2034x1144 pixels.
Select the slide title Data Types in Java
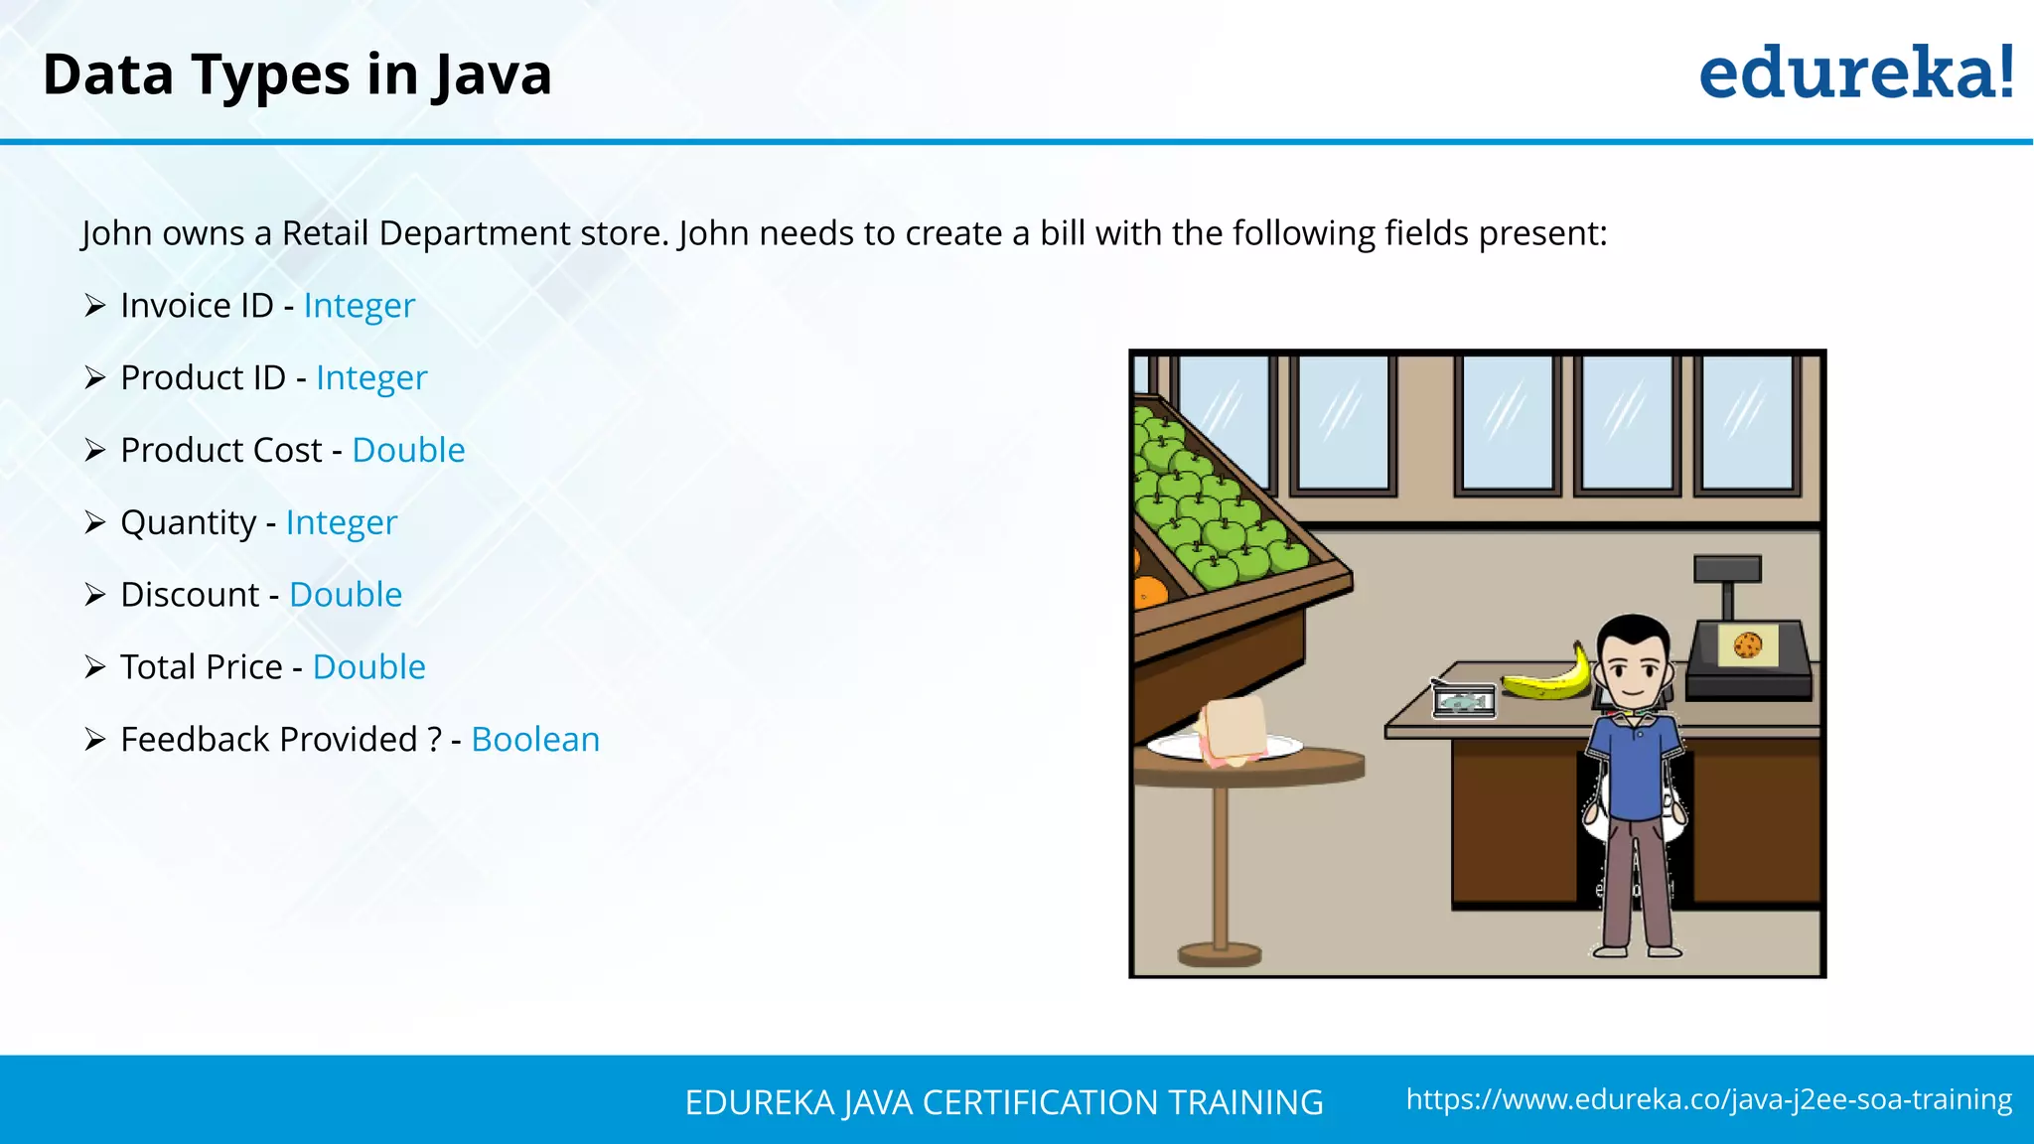[297, 74]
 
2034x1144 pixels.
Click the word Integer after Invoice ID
[359, 306]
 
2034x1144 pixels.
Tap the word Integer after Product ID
[371, 378]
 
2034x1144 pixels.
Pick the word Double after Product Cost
[408, 451]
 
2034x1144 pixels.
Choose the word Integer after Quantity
[341, 523]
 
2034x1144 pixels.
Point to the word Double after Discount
[346, 595]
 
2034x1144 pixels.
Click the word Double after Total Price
[368, 667]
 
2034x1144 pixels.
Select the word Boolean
[535, 740]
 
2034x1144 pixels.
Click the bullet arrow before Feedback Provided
[95, 740]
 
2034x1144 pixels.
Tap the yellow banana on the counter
[1549, 680]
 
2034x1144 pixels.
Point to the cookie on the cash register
[1748, 645]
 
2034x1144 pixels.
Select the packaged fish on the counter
[1464, 701]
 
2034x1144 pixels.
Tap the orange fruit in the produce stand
[1150, 592]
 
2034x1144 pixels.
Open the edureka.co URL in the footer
[1708, 1099]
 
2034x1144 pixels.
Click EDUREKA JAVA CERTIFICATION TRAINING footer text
[1004, 1102]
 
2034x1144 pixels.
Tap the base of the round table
[1220, 955]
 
